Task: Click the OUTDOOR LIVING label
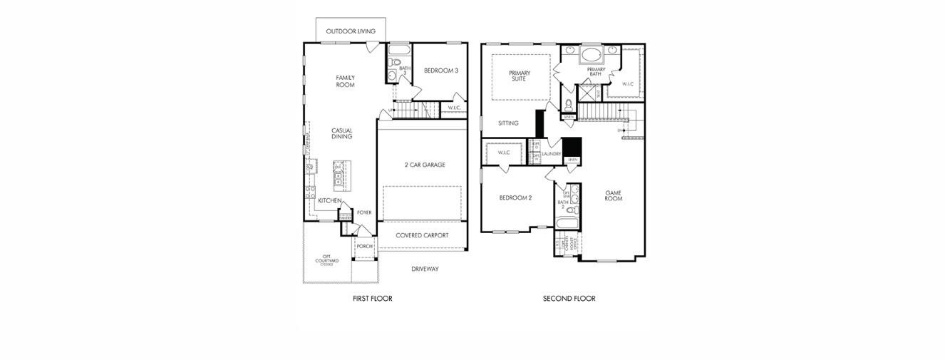pos(351,31)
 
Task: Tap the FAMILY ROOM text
pos(345,81)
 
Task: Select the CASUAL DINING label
pos(341,133)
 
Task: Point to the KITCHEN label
pos(329,201)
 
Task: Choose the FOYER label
pos(364,212)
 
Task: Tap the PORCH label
pos(364,246)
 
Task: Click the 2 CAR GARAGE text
pos(425,165)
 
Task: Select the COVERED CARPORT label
pos(423,235)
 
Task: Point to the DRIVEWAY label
pos(425,269)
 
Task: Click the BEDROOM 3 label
pos(440,71)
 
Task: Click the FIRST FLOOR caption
pos(372,299)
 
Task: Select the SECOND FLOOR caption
pos(569,299)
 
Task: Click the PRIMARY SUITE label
pos(519,76)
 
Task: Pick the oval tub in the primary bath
pos(591,54)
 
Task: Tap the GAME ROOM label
pos(614,195)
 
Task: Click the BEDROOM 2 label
pos(515,197)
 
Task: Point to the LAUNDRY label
pos(551,154)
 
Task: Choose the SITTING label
pos(508,123)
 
